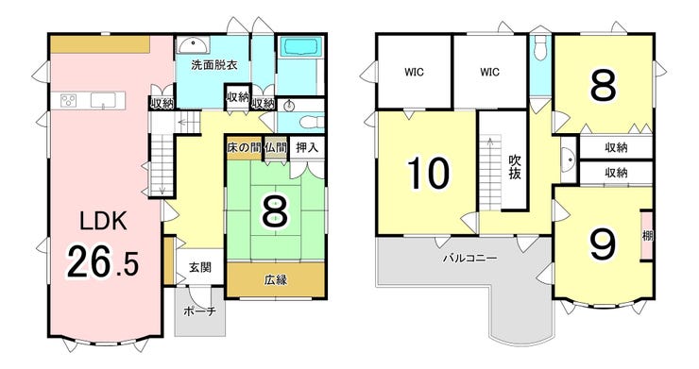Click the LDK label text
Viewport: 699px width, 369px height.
pos(103,221)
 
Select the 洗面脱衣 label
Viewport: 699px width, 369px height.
pos(214,65)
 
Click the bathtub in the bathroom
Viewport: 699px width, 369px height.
pos(300,46)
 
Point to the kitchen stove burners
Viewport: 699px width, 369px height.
pos(68,100)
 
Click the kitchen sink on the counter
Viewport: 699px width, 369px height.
pos(103,100)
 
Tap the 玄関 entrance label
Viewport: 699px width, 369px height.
pos(199,267)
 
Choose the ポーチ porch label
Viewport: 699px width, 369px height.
pos(199,311)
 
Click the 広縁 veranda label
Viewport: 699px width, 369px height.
pos(276,280)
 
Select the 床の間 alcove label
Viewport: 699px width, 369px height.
pos(244,147)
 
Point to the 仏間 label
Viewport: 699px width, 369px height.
pos(275,147)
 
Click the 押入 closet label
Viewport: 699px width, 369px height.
pos(307,147)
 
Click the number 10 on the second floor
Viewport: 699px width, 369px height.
pos(428,174)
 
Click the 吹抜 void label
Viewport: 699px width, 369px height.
pos(515,167)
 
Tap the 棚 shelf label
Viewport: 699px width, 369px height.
pos(647,235)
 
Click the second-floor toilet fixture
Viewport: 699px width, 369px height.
pos(540,48)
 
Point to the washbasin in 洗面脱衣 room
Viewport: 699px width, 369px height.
pos(194,45)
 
